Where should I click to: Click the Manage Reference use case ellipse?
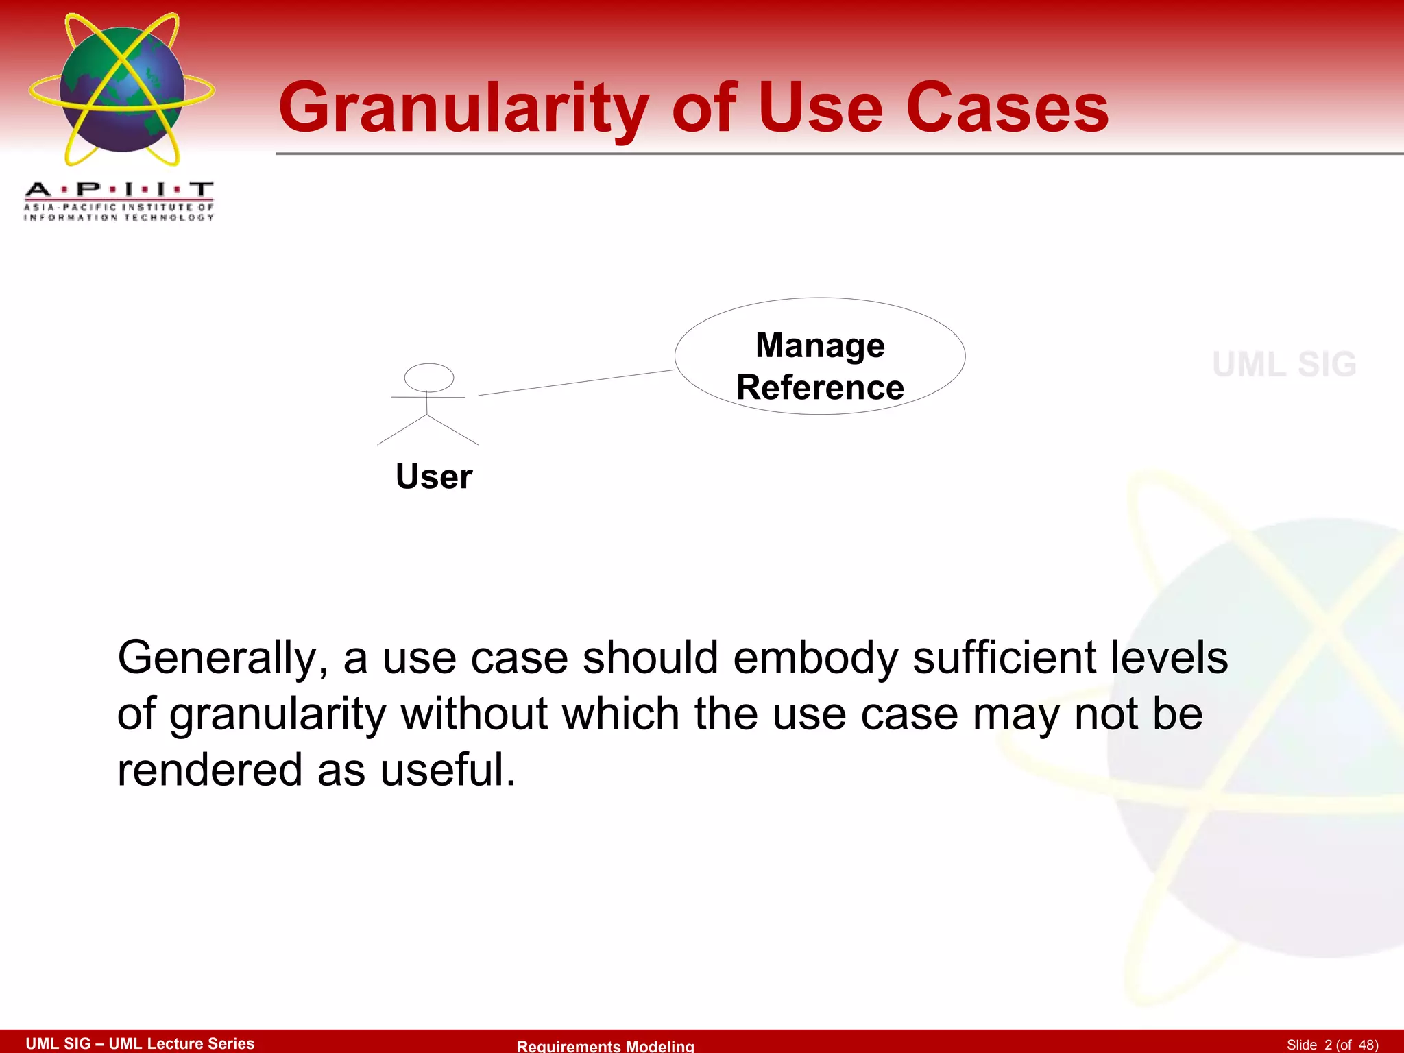(820, 356)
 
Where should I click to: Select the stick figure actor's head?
(429, 377)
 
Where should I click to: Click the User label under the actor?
(434, 476)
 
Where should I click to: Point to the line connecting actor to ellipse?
(576, 383)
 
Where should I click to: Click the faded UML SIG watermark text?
(1284, 365)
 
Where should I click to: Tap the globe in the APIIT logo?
(122, 89)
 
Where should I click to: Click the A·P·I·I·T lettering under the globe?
(119, 189)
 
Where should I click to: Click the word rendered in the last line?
(210, 770)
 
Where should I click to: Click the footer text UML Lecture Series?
(182, 1043)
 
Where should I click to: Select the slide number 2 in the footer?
(1328, 1045)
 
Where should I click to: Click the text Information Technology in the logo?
(119, 217)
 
